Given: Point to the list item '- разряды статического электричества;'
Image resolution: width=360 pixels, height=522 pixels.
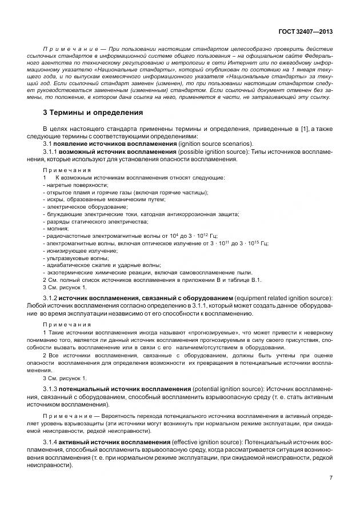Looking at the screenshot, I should [x=95, y=221].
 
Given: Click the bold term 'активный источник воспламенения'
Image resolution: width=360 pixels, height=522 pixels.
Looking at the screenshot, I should [x=121, y=443].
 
